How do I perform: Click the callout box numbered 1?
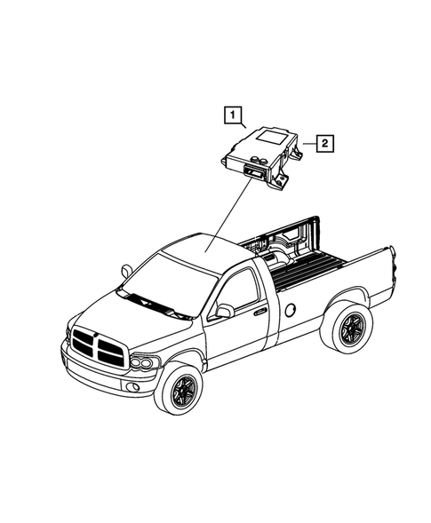point(231,115)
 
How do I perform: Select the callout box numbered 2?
point(325,142)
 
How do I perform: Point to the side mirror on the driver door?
point(224,312)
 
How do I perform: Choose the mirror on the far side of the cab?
point(126,267)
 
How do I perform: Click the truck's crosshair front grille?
point(95,345)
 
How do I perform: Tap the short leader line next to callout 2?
point(308,142)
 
